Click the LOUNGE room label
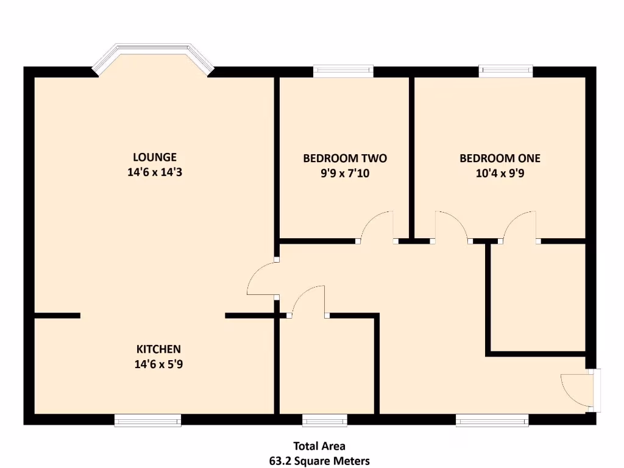click(x=155, y=157)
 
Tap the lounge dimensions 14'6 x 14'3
click(x=155, y=172)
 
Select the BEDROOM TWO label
click(x=345, y=158)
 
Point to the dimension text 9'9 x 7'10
click(x=345, y=174)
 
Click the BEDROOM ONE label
click(x=500, y=158)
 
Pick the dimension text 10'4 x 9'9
click(x=500, y=174)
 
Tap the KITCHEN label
click(x=158, y=349)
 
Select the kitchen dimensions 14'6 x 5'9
click(x=158, y=364)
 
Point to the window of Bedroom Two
click(x=343, y=71)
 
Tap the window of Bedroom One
click(x=506, y=71)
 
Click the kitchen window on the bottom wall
click(x=147, y=420)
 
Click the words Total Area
click(x=319, y=446)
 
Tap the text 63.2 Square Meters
click(x=319, y=461)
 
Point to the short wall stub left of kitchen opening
click(x=57, y=316)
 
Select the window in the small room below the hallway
click(x=325, y=420)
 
